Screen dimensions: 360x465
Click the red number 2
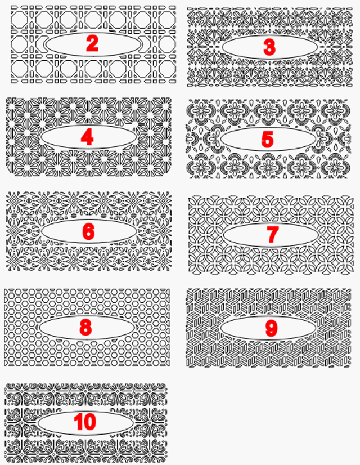92,43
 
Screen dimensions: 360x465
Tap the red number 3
269,47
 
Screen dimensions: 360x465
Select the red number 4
87,137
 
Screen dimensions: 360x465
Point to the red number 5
267,139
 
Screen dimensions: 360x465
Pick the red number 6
88,231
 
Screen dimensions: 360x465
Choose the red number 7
272,234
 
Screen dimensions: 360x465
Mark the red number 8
85,327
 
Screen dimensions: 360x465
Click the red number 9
271,328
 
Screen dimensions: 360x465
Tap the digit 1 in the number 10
78,422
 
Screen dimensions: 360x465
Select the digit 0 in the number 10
90,422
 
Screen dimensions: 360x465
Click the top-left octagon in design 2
20,20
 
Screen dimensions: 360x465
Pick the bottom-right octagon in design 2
167,69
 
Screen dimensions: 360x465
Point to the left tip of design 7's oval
223,235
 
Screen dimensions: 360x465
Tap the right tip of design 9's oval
316,328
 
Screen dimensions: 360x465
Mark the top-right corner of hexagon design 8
170,289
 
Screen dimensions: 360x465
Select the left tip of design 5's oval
220,139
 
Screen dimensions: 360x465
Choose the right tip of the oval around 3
318,47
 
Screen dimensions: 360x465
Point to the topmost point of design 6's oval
89,220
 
